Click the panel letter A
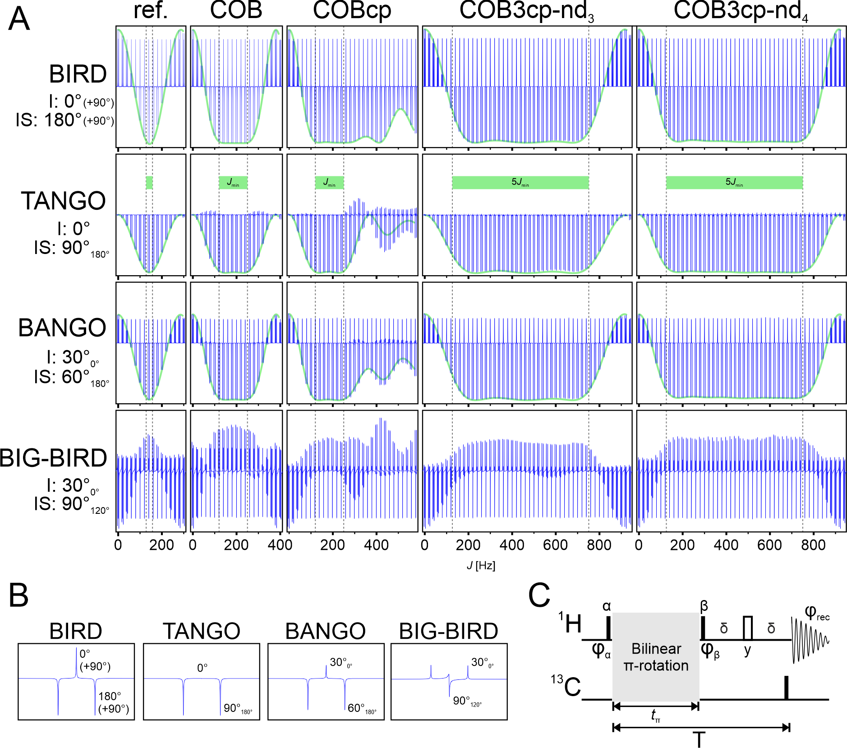19,19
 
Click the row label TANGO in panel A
64,201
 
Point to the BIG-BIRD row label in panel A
53,458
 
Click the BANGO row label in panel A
62,328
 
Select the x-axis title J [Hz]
481,565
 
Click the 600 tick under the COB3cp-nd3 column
555,545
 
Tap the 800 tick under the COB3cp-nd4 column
813,545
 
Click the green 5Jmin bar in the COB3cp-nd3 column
520,182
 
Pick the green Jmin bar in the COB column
233,182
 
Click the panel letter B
18,596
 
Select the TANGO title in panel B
201,631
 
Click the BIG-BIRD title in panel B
449,631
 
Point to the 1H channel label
570,624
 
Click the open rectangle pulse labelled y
748,628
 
